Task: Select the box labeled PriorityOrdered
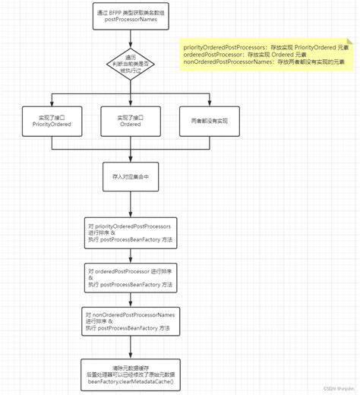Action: point(52,123)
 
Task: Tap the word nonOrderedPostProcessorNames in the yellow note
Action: point(227,64)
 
